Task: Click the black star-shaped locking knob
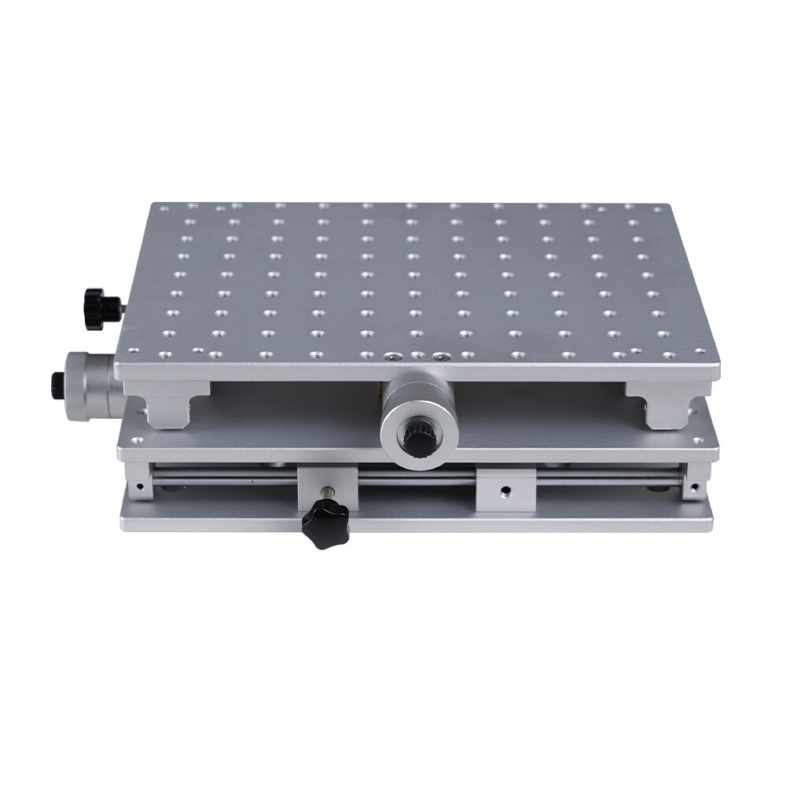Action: [x=324, y=524]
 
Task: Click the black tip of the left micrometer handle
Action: [x=58, y=384]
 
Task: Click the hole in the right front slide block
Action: [x=505, y=491]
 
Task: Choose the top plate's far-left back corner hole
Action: [x=163, y=208]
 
